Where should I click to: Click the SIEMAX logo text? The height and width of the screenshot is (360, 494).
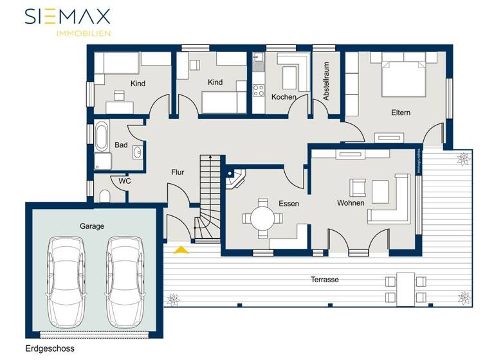click(68, 16)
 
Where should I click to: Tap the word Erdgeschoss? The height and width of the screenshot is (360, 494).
click(50, 348)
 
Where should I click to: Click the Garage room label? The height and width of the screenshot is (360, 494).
click(92, 226)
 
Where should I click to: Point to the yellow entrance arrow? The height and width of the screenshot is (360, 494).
click(182, 249)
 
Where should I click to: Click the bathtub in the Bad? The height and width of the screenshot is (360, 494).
click(103, 136)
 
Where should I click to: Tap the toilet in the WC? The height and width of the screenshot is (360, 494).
click(105, 195)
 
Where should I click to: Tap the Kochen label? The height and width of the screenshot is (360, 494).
click(284, 97)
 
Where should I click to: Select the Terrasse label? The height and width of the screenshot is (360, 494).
click(325, 280)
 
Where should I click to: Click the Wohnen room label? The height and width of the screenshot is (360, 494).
click(351, 203)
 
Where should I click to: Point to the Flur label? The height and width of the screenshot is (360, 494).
click(178, 172)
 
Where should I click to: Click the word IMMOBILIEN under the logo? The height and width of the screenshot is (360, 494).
click(84, 33)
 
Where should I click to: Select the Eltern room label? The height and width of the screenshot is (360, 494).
click(401, 113)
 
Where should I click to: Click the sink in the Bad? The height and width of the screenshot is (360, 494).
click(138, 152)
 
